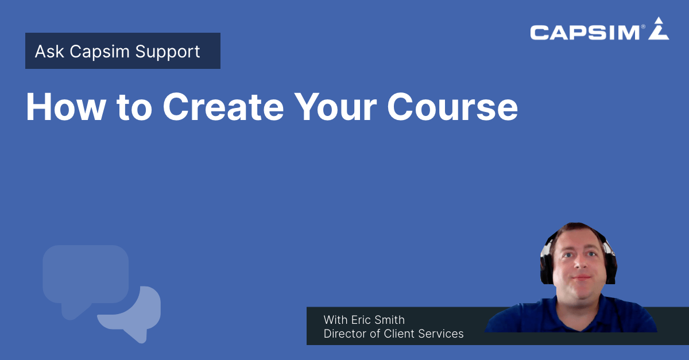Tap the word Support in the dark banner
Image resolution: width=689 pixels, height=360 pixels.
(168, 52)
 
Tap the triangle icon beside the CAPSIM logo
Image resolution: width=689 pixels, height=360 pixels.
(659, 30)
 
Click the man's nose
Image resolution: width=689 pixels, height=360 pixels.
(578, 269)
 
